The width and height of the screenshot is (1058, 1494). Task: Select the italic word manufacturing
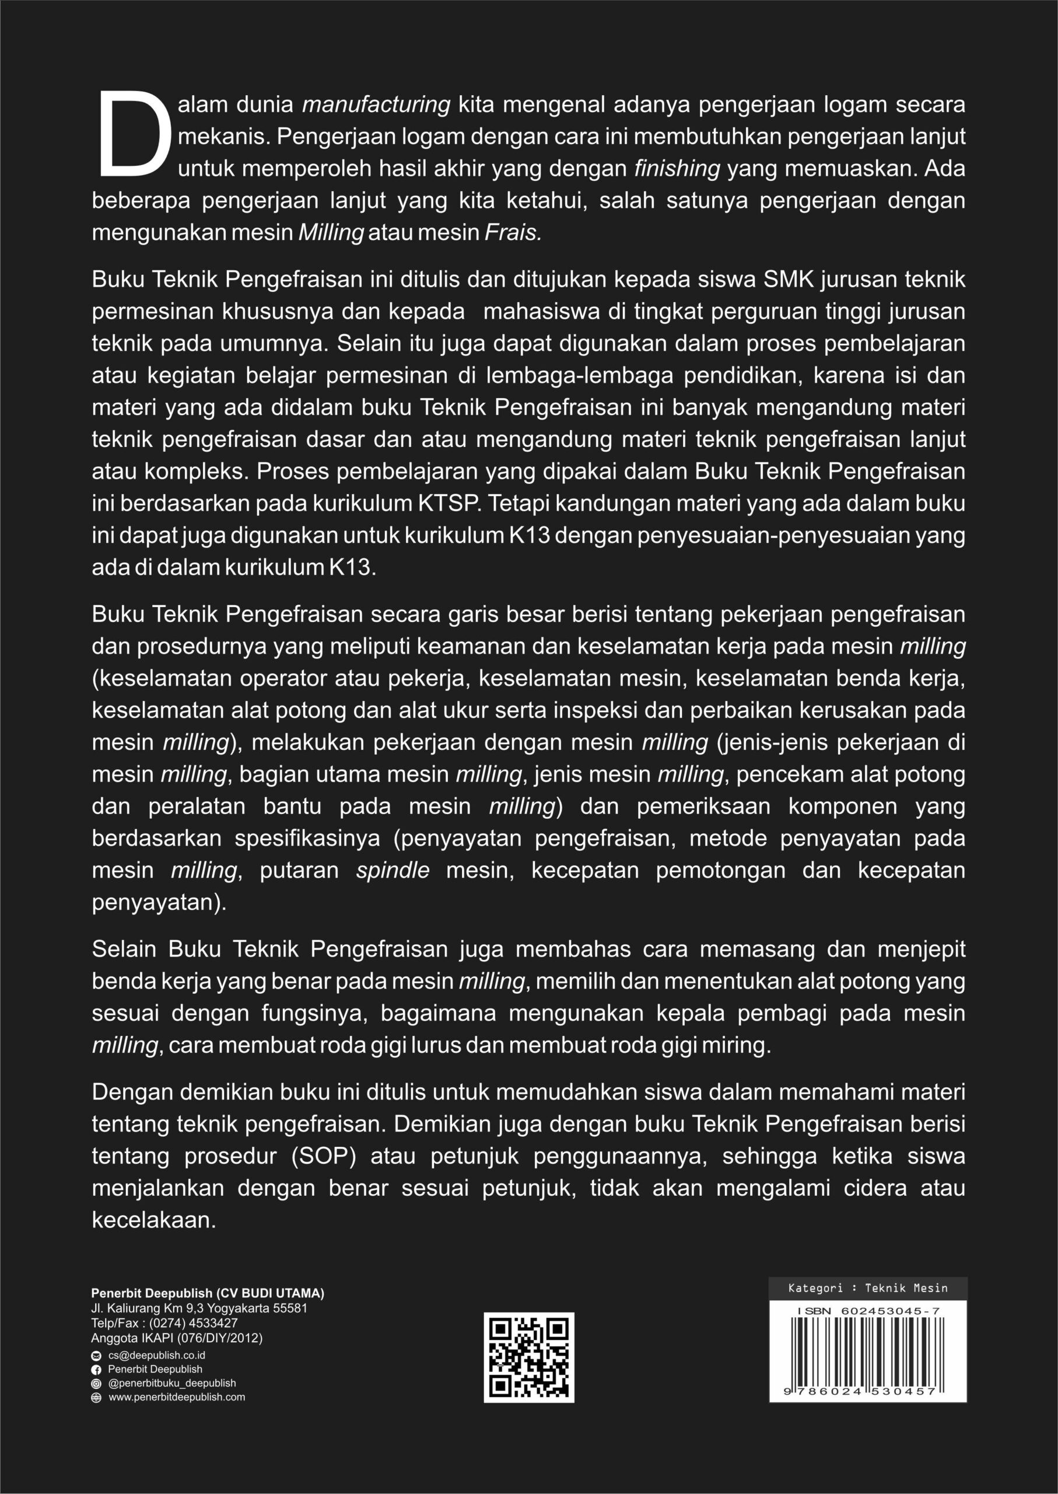point(377,104)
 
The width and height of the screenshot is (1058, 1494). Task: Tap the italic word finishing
point(677,168)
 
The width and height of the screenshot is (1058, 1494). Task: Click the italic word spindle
point(392,870)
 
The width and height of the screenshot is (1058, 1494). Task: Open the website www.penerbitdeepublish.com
point(176,1397)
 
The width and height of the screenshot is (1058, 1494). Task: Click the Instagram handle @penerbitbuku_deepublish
point(171,1383)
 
